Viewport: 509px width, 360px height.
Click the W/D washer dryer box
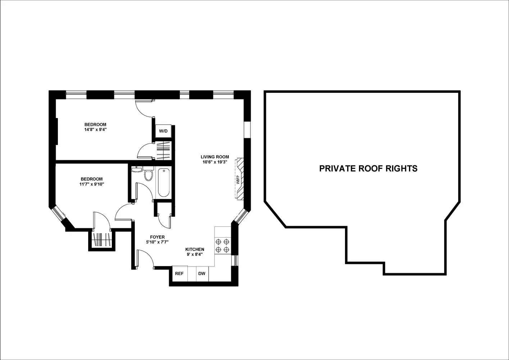[x=163, y=131]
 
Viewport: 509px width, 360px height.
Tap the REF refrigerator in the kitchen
[x=179, y=274]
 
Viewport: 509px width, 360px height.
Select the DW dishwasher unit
[x=202, y=274]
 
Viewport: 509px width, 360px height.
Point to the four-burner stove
[x=222, y=246]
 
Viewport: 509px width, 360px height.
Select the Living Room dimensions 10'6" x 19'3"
[x=215, y=162]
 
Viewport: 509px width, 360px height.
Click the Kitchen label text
[x=195, y=249]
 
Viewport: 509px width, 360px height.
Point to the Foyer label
[x=157, y=237]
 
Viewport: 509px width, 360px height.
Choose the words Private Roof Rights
[x=368, y=168]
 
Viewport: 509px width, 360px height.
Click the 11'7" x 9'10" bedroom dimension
[x=92, y=184]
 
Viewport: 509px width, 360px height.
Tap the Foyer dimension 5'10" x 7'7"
[x=157, y=242]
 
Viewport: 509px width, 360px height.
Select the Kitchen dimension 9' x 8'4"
[x=195, y=254]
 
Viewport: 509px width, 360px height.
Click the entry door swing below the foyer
[x=145, y=258]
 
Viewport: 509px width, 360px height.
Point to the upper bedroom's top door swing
[x=145, y=108]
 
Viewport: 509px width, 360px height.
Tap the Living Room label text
[x=215, y=157]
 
